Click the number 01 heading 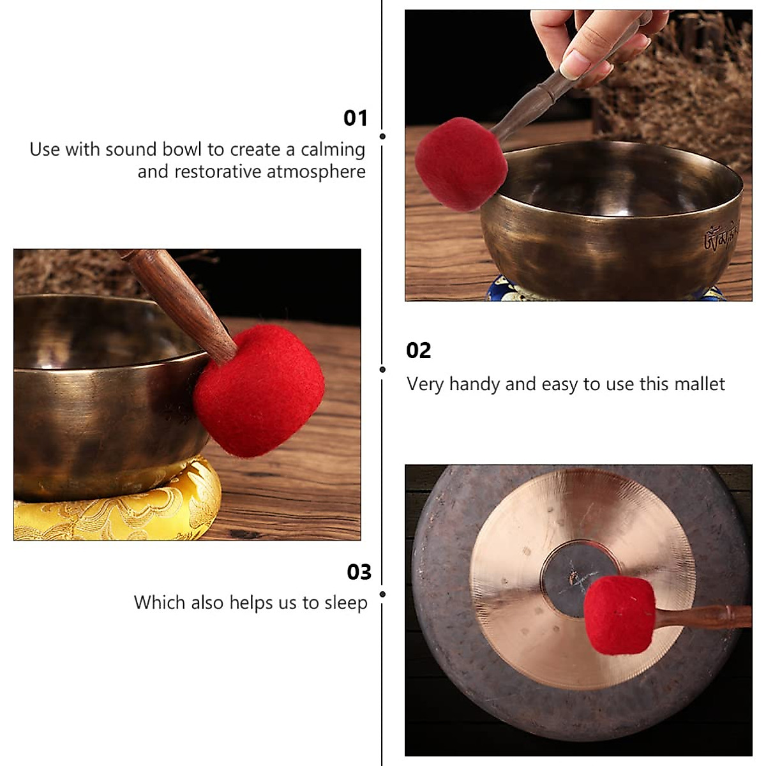click(356, 118)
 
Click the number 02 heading click(419, 350)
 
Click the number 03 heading click(359, 572)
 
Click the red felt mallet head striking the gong click(619, 614)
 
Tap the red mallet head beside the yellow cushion click(259, 390)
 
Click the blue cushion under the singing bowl click(504, 289)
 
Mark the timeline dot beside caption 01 click(382, 136)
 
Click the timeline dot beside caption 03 click(382, 594)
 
